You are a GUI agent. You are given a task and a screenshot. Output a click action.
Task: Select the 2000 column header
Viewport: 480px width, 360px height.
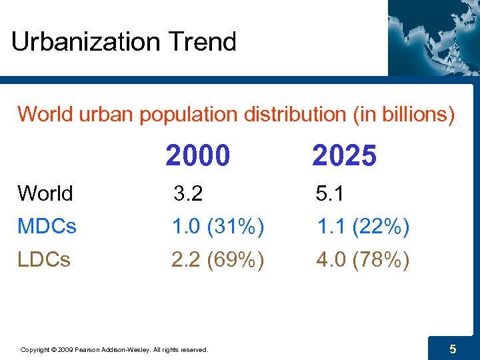198,157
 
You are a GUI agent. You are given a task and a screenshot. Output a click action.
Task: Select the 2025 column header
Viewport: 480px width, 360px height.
344,157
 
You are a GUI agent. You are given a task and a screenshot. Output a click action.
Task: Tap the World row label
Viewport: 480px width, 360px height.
45,193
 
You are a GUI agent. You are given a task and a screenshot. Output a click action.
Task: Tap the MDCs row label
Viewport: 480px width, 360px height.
47,227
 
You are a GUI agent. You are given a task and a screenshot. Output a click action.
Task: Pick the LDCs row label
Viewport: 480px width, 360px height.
44,259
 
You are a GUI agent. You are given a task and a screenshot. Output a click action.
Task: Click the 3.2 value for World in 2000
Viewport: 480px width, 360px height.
188,193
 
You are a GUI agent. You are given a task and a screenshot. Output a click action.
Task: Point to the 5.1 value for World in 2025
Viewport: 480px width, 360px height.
331,193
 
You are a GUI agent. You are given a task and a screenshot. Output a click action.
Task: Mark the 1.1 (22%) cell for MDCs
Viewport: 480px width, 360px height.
363,227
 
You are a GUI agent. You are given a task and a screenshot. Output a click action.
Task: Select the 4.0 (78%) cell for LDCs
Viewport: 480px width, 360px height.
363,259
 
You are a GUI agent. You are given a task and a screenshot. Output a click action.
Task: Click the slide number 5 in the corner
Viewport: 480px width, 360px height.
453,349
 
